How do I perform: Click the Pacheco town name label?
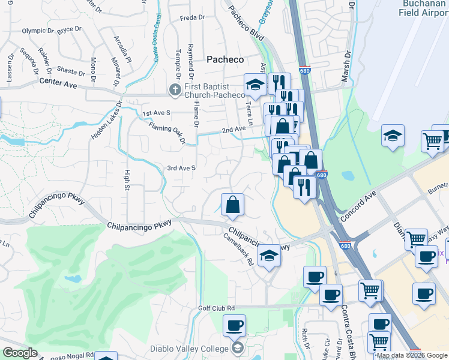pos(225,59)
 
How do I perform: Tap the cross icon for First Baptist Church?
pos(175,89)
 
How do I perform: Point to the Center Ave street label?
pos(58,82)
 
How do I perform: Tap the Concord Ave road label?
pos(358,206)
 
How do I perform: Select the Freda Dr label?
pos(192,18)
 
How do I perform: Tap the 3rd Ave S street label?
pos(181,168)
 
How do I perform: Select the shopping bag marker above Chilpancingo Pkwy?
pos(232,204)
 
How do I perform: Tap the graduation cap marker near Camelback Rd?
pos(270,256)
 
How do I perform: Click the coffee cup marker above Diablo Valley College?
pos(234,326)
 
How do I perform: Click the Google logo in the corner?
pos(20,353)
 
